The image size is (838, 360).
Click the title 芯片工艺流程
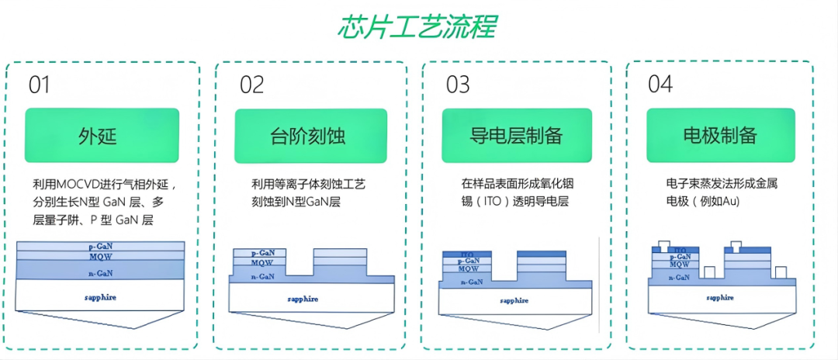(417, 26)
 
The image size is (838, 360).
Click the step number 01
(40, 85)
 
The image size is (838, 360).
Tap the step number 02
(252, 85)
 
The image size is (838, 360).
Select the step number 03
(458, 85)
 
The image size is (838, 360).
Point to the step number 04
(660, 85)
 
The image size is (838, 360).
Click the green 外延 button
(102, 136)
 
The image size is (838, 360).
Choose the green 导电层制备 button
(516, 136)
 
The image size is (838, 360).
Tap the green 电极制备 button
(720, 136)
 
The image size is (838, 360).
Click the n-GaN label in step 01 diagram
(101, 273)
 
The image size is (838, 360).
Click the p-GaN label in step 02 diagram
(264, 253)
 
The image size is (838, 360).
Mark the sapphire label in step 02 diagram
(305, 299)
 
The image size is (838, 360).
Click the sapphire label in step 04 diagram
(721, 297)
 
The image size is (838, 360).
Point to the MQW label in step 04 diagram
(680, 264)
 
